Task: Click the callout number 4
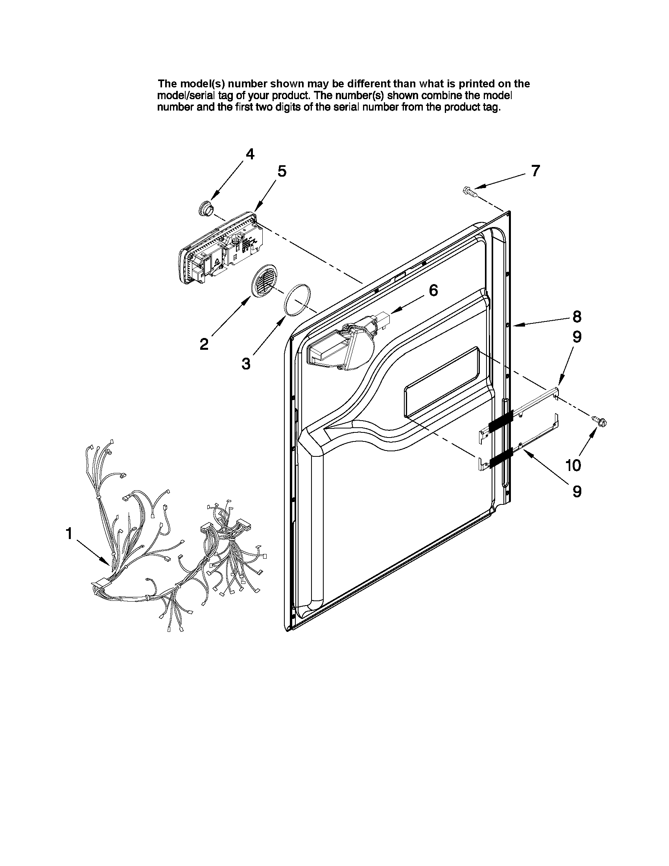point(250,154)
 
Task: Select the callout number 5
point(282,171)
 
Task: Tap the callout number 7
point(535,170)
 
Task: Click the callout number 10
point(573,465)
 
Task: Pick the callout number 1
point(69,534)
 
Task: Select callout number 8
point(577,316)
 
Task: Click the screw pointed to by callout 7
point(470,192)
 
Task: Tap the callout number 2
point(204,344)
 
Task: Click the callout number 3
point(246,363)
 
